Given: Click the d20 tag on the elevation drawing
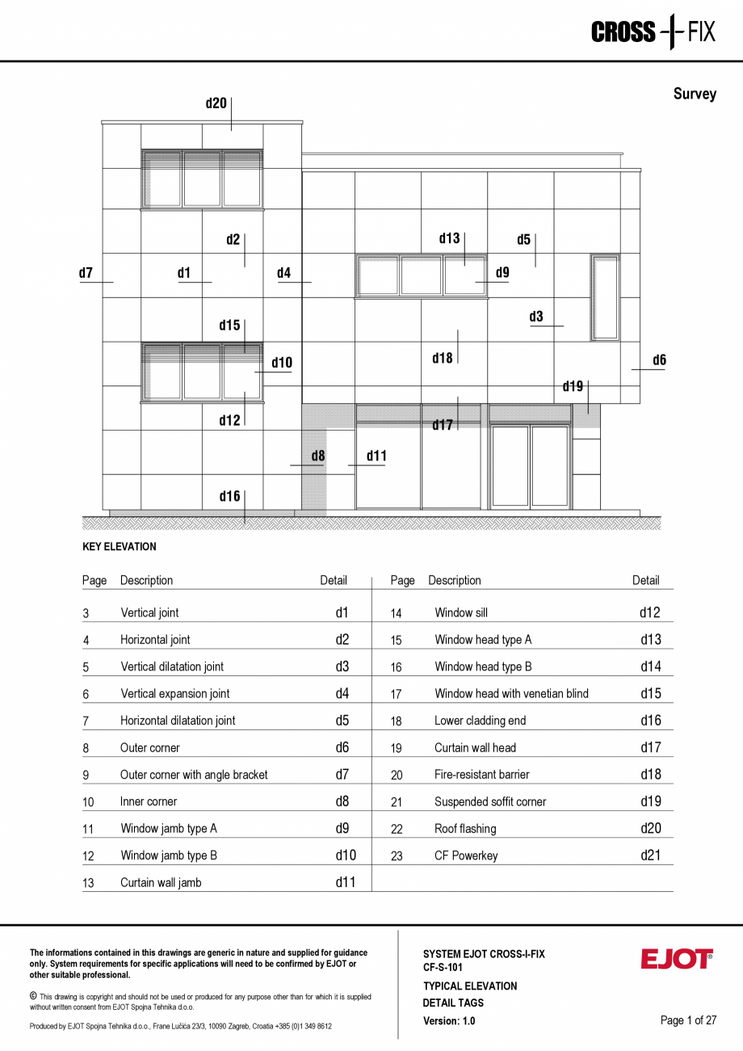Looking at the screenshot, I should (216, 103).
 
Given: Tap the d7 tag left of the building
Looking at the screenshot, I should (86, 273).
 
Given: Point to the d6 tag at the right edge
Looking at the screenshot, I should (659, 360).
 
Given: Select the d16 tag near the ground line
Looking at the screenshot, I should (229, 496).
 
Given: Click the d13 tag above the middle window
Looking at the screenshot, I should (449, 238).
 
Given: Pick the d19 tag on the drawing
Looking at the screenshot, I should (573, 387).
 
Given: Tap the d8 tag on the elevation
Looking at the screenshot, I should (318, 456).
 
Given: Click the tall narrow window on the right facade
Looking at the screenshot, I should (605, 298).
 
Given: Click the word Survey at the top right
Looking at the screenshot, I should (695, 94).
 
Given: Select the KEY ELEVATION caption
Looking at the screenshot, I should (120, 547).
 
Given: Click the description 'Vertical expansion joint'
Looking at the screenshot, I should (175, 694).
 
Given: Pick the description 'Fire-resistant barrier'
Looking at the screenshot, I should (482, 775).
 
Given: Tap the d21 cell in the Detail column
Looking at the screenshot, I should (650, 855).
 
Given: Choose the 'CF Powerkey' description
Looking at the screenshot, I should (466, 856).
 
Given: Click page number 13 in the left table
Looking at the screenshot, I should (88, 883).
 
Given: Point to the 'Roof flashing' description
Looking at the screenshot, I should (465, 829).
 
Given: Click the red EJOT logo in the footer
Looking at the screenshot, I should (677, 959).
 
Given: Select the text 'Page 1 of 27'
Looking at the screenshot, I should (688, 1020).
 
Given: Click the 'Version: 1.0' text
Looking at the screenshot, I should (449, 1021).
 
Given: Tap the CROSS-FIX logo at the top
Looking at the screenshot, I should (653, 32).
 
